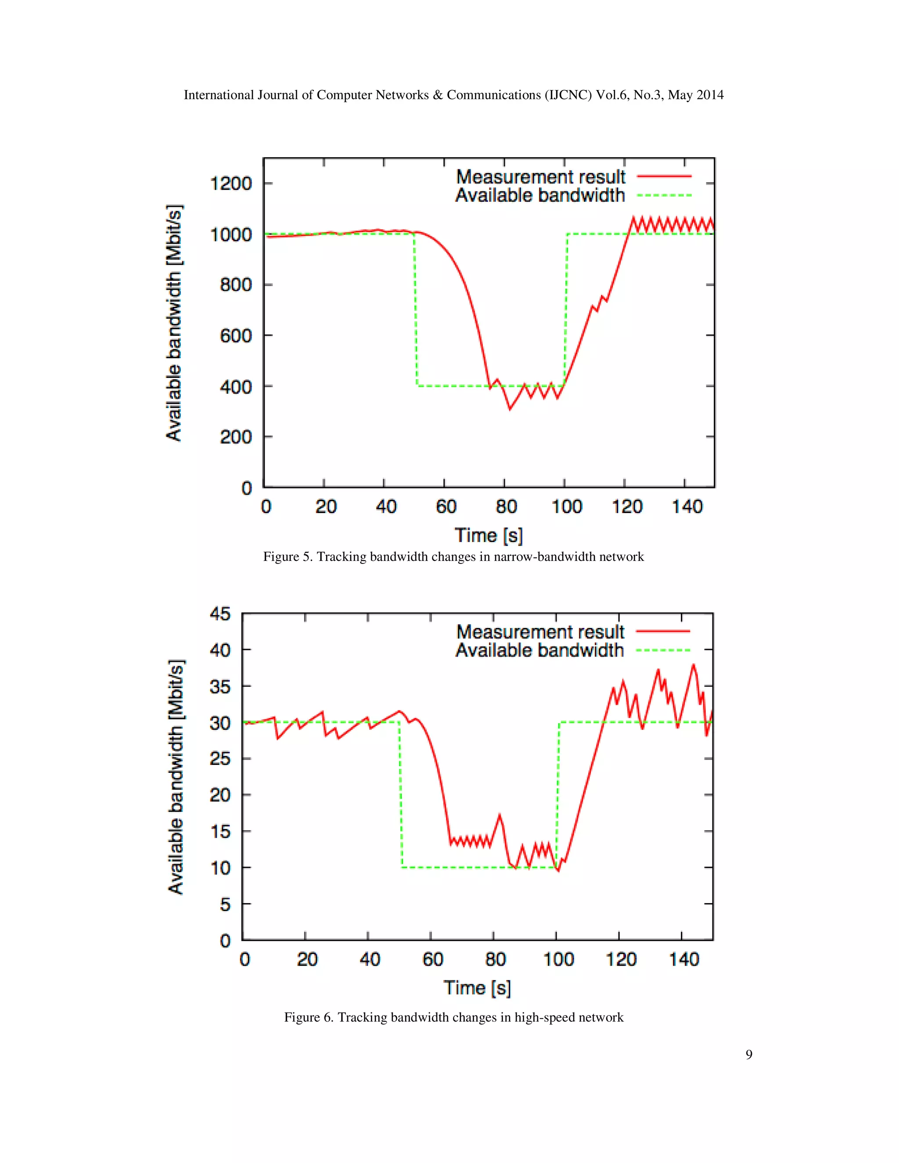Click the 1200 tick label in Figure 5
pos(230,184)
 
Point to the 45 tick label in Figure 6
pos(220,614)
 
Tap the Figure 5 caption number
pos(307,557)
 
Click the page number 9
pos(749,1055)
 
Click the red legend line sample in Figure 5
pos(664,176)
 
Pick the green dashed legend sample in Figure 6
pos(663,650)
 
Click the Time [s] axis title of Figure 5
pos(489,535)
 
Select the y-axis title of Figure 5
pos(174,323)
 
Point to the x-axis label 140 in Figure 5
pos(687,506)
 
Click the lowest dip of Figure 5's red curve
pos(510,409)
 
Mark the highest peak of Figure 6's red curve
pos(694,664)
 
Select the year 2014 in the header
pos(710,95)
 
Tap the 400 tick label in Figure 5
pos(235,387)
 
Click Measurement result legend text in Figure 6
pos(540,632)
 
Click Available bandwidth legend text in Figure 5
pos(539,195)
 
